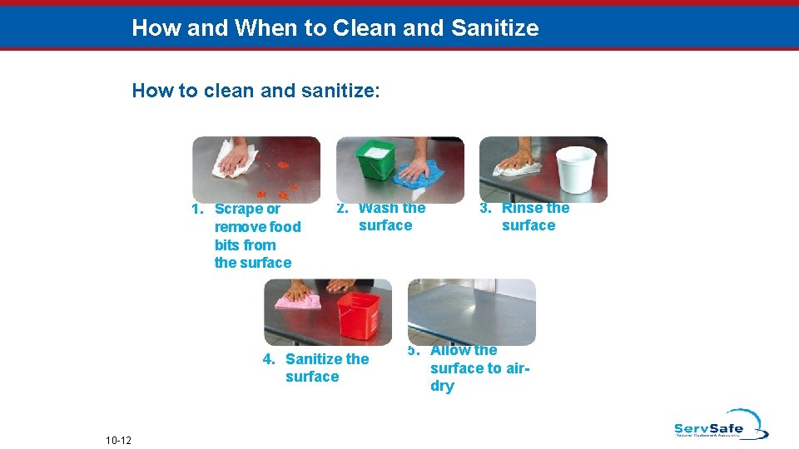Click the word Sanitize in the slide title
[494, 28]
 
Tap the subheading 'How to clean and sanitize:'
[256, 91]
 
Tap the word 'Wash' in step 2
[380, 208]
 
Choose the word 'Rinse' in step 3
[522, 208]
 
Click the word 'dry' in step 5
[442, 386]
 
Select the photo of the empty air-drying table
[472, 311]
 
